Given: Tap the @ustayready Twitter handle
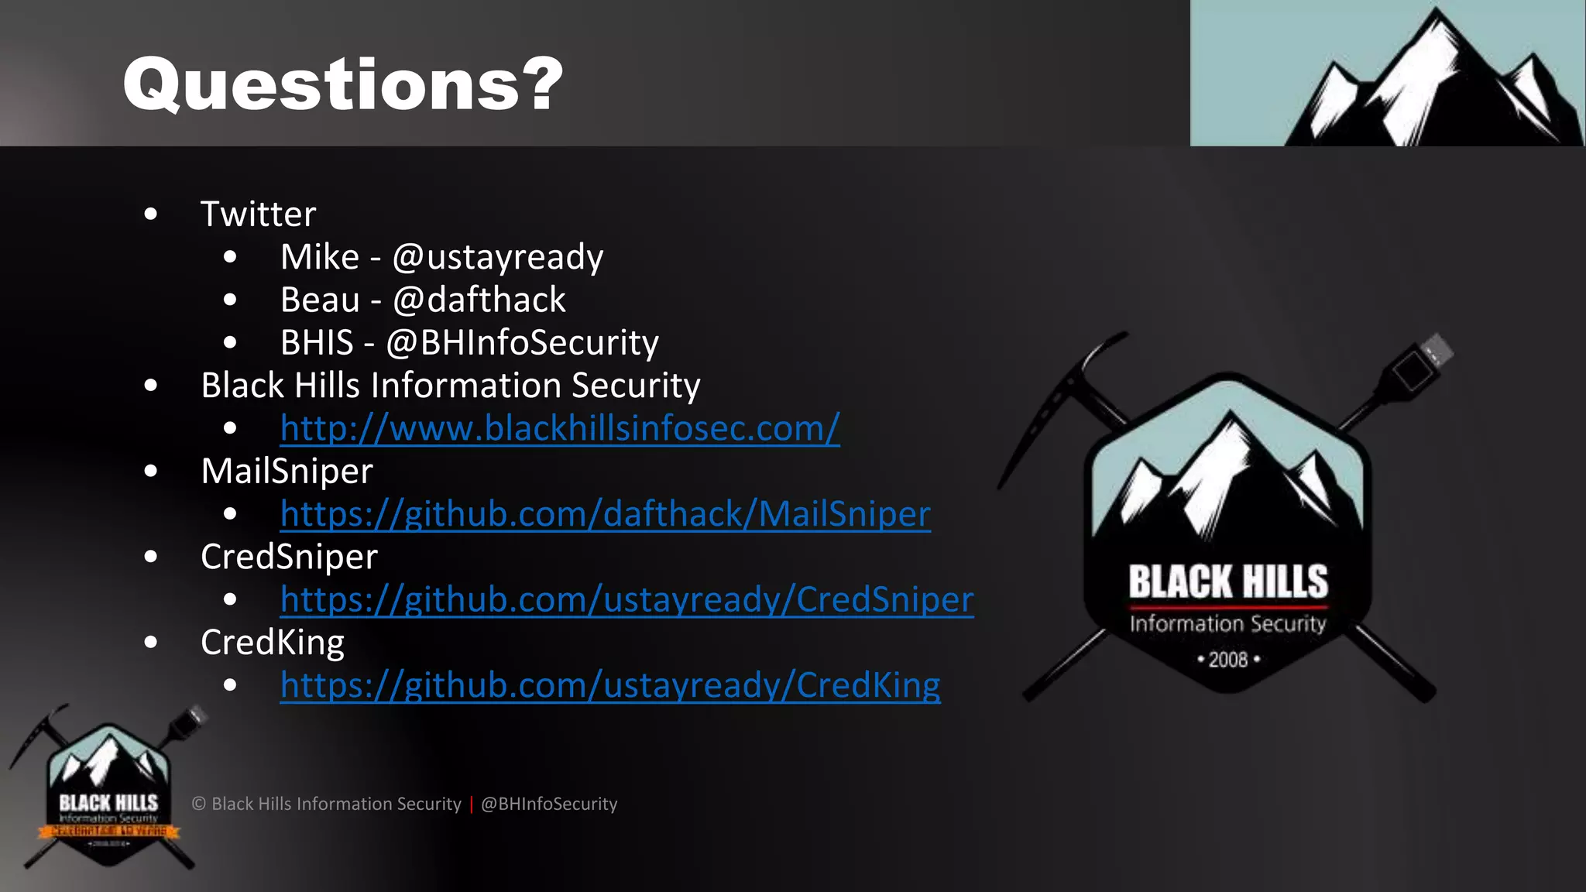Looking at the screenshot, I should tap(497, 257).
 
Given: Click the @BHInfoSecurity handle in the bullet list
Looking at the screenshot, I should tap(522, 343).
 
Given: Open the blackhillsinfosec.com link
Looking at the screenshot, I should tap(559, 428).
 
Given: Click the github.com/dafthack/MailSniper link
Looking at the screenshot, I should tap(605, 514).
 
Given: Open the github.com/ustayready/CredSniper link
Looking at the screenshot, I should tap(627, 600).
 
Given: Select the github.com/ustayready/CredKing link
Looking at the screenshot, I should tap(609, 685).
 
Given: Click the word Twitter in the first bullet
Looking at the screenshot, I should tap(258, 214).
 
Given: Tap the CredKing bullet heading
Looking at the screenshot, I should tap(272, 643).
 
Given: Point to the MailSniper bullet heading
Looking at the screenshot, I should tap(287, 472).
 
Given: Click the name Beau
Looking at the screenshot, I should tap(320, 300).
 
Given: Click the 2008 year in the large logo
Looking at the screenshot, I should tap(1228, 660).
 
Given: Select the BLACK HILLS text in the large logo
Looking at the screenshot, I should tap(1228, 582).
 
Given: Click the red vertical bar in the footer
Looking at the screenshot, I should tap(471, 805).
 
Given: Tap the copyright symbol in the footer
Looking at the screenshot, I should tap(199, 805).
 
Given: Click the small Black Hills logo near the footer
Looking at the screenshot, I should tap(108, 790).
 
